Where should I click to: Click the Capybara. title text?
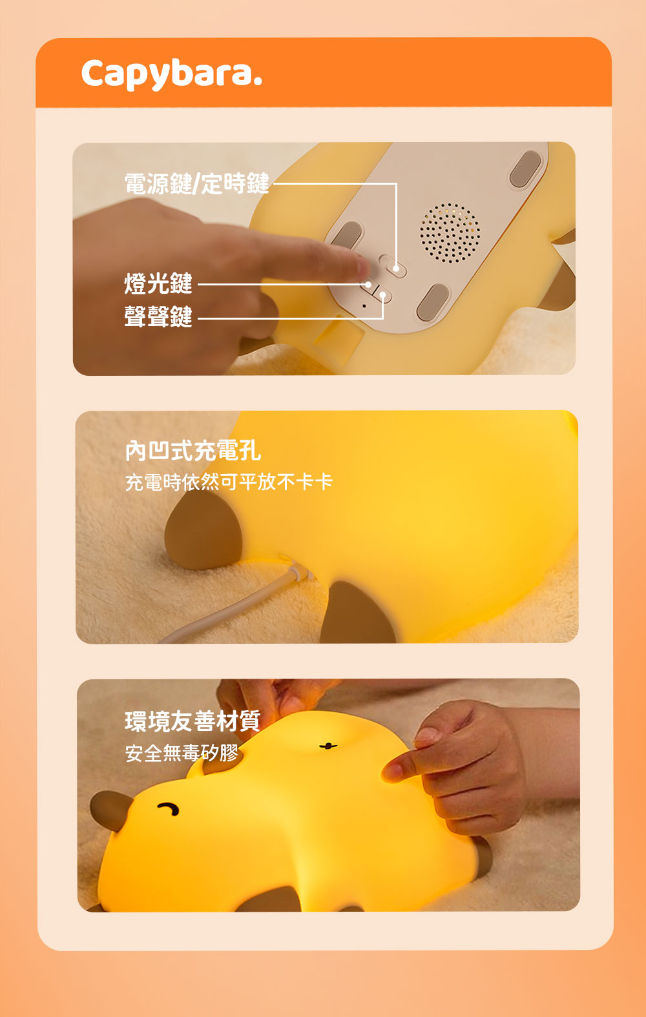(172, 74)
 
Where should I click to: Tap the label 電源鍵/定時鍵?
(197, 184)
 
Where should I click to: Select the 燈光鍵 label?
(158, 283)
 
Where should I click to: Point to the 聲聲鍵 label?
(158, 316)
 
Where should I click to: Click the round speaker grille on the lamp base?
(449, 233)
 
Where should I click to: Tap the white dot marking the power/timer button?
(396, 269)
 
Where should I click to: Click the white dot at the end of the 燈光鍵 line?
(368, 285)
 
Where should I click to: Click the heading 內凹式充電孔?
(193, 451)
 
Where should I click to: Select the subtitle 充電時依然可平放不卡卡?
(229, 482)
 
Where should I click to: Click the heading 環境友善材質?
(193, 721)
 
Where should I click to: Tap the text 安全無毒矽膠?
(182, 753)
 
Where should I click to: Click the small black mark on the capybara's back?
(328, 746)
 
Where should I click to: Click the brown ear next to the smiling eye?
(111, 810)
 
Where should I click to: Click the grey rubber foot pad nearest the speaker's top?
(526, 169)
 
